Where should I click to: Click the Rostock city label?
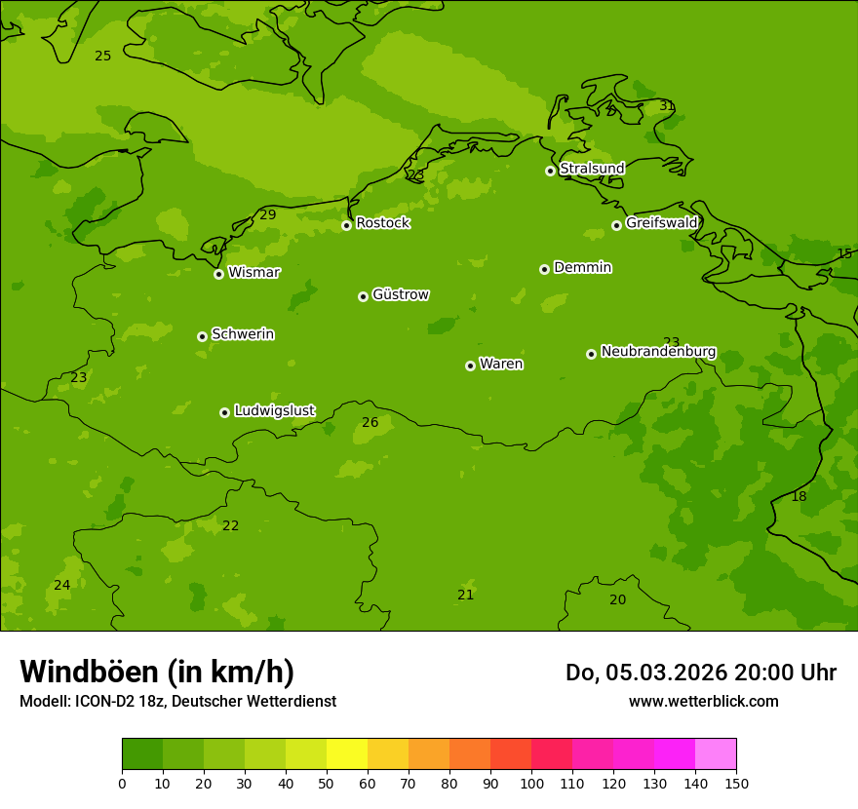pyautogui.click(x=382, y=223)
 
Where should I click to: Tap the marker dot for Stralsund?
pyautogui.click(x=550, y=171)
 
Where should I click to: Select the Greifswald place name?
pyautogui.click(x=661, y=223)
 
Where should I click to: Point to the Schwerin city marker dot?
pyautogui.click(x=202, y=336)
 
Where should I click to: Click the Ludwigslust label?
pyautogui.click(x=274, y=411)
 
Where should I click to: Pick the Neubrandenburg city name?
pyautogui.click(x=658, y=352)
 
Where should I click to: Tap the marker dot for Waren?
pyautogui.click(x=470, y=366)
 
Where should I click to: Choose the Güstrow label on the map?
pyautogui.click(x=400, y=294)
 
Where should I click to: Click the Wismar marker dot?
pyautogui.click(x=218, y=274)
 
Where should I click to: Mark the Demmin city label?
pyautogui.click(x=582, y=268)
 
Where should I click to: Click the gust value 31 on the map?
pyautogui.click(x=667, y=106)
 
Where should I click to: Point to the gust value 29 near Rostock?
pyautogui.click(x=268, y=214)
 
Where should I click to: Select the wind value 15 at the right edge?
pyautogui.click(x=844, y=254)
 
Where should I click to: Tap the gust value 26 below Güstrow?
pyautogui.click(x=370, y=423)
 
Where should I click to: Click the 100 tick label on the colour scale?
pyautogui.click(x=531, y=783)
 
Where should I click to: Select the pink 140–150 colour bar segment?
pyautogui.click(x=716, y=754)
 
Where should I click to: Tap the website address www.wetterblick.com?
pyautogui.click(x=703, y=702)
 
